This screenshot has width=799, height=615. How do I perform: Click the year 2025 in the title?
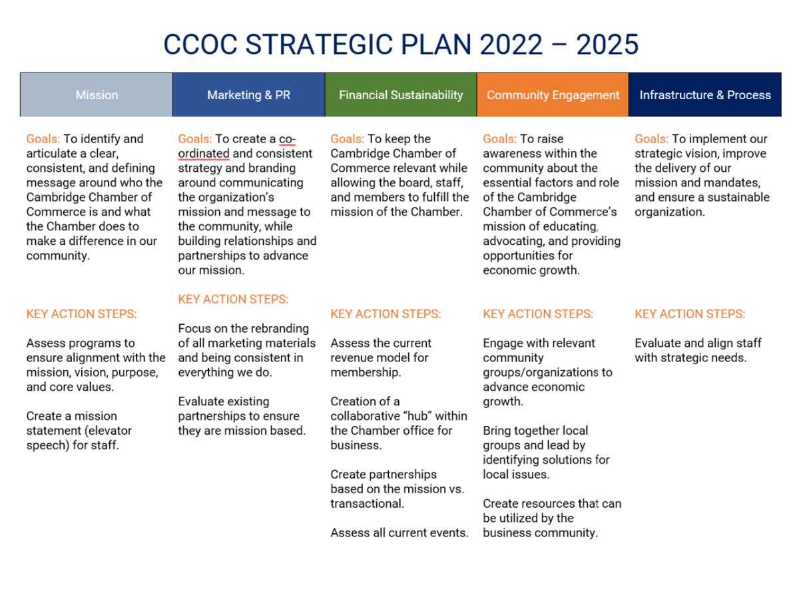pyautogui.click(x=607, y=45)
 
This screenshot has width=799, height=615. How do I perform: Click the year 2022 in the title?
pyautogui.click(x=511, y=45)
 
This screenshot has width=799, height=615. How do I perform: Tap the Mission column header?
pyautogui.click(x=97, y=95)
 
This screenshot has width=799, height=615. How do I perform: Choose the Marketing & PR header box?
pyautogui.click(x=248, y=95)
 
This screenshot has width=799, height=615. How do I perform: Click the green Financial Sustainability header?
pyautogui.click(x=401, y=95)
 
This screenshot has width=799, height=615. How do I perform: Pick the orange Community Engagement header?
pyautogui.click(x=553, y=95)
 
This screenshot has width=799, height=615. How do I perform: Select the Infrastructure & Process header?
pyautogui.click(x=705, y=95)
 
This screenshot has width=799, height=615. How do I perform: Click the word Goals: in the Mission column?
pyautogui.click(x=43, y=139)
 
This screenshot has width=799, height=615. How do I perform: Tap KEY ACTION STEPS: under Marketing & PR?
pyautogui.click(x=233, y=299)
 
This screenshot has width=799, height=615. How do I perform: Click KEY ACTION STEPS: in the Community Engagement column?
pyautogui.click(x=538, y=313)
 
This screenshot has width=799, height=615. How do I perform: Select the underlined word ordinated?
pyautogui.click(x=204, y=154)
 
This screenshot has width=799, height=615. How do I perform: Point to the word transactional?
pyautogui.click(x=367, y=503)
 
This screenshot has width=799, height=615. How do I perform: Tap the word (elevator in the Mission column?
pyautogui.click(x=108, y=431)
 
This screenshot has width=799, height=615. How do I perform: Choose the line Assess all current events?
pyautogui.click(x=400, y=532)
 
